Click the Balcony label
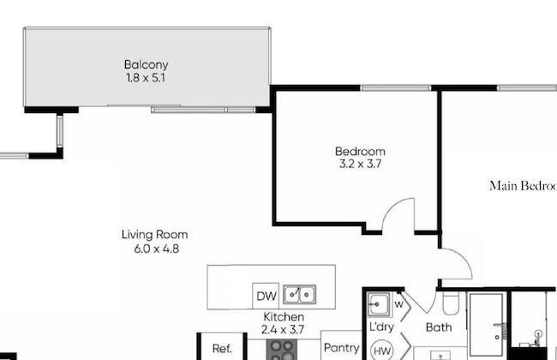tap(146, 64)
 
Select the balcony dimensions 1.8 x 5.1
tap(146, 77)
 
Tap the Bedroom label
tap(360, 152)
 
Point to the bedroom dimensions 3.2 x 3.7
tap(360, 164)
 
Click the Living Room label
tap(154, 235)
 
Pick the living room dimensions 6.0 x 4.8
tap(154, 249)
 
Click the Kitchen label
tap(283, 317)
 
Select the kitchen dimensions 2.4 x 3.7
tap(283, 329)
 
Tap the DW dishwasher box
tap(267, 297)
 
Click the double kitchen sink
tap(299, 296)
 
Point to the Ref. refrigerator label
tap(222, 349)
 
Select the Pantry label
tap(340, 348)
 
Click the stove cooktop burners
tap(282, 349)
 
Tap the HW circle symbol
tap(381, 350)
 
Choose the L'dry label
tap(380, 327)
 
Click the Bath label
tap(439, 327)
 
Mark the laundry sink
tap(379, 303)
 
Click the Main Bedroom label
tap(523, 185)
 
